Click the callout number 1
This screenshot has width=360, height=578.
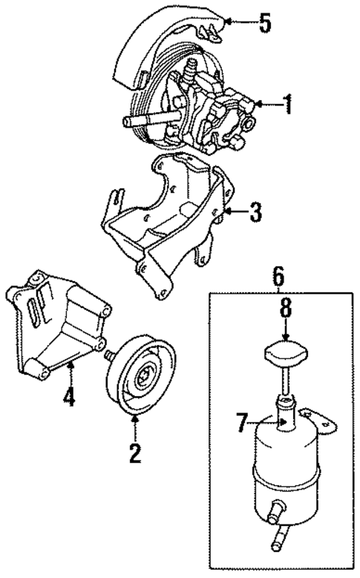(x=287, y=105)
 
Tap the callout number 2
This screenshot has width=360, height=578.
(x=135, y=452)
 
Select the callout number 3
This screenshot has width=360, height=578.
(x=255, y=214)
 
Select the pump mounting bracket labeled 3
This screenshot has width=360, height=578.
(x=171, y=223)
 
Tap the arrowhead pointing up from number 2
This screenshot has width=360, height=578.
(x=135, y=422)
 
